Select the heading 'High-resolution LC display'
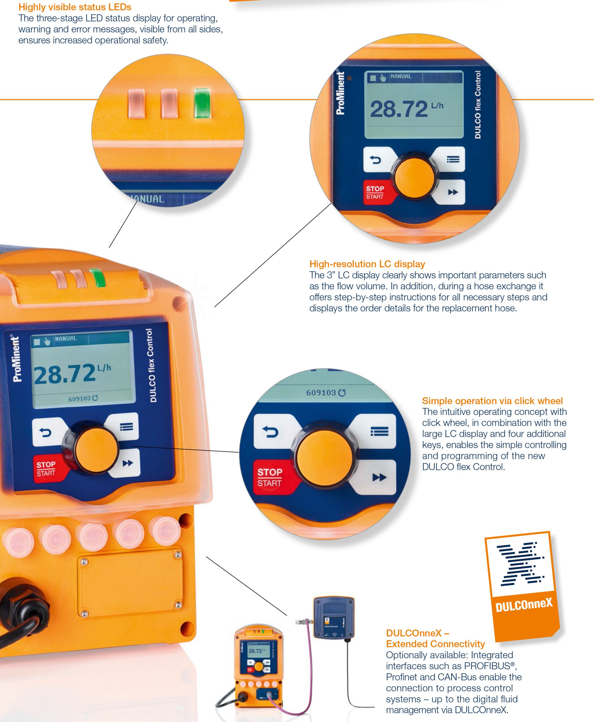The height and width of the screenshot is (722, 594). (x=367, y=264)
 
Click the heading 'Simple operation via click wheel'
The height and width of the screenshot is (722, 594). (x=492, y=401)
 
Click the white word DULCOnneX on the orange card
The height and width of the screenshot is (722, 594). (x=524, y=604)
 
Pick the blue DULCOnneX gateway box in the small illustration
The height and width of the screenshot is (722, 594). (x=334, y=618)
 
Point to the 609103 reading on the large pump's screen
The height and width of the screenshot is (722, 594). (x=79, y=399)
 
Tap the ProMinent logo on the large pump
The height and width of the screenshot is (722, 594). (x=16, y=358)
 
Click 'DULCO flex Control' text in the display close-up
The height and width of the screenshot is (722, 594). (x=478, y=105)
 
